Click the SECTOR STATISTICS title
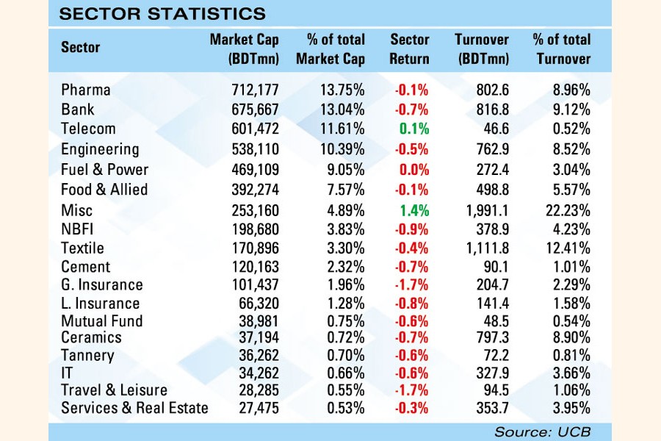point(162,13)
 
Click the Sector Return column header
point(409,49)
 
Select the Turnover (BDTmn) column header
point(482,49)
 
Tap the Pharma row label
point(86,90)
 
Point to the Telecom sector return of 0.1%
point(414,129)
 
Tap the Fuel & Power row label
point(104,169)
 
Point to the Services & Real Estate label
point(134,408)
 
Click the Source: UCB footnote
point(542,431)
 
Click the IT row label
point(68,373)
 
